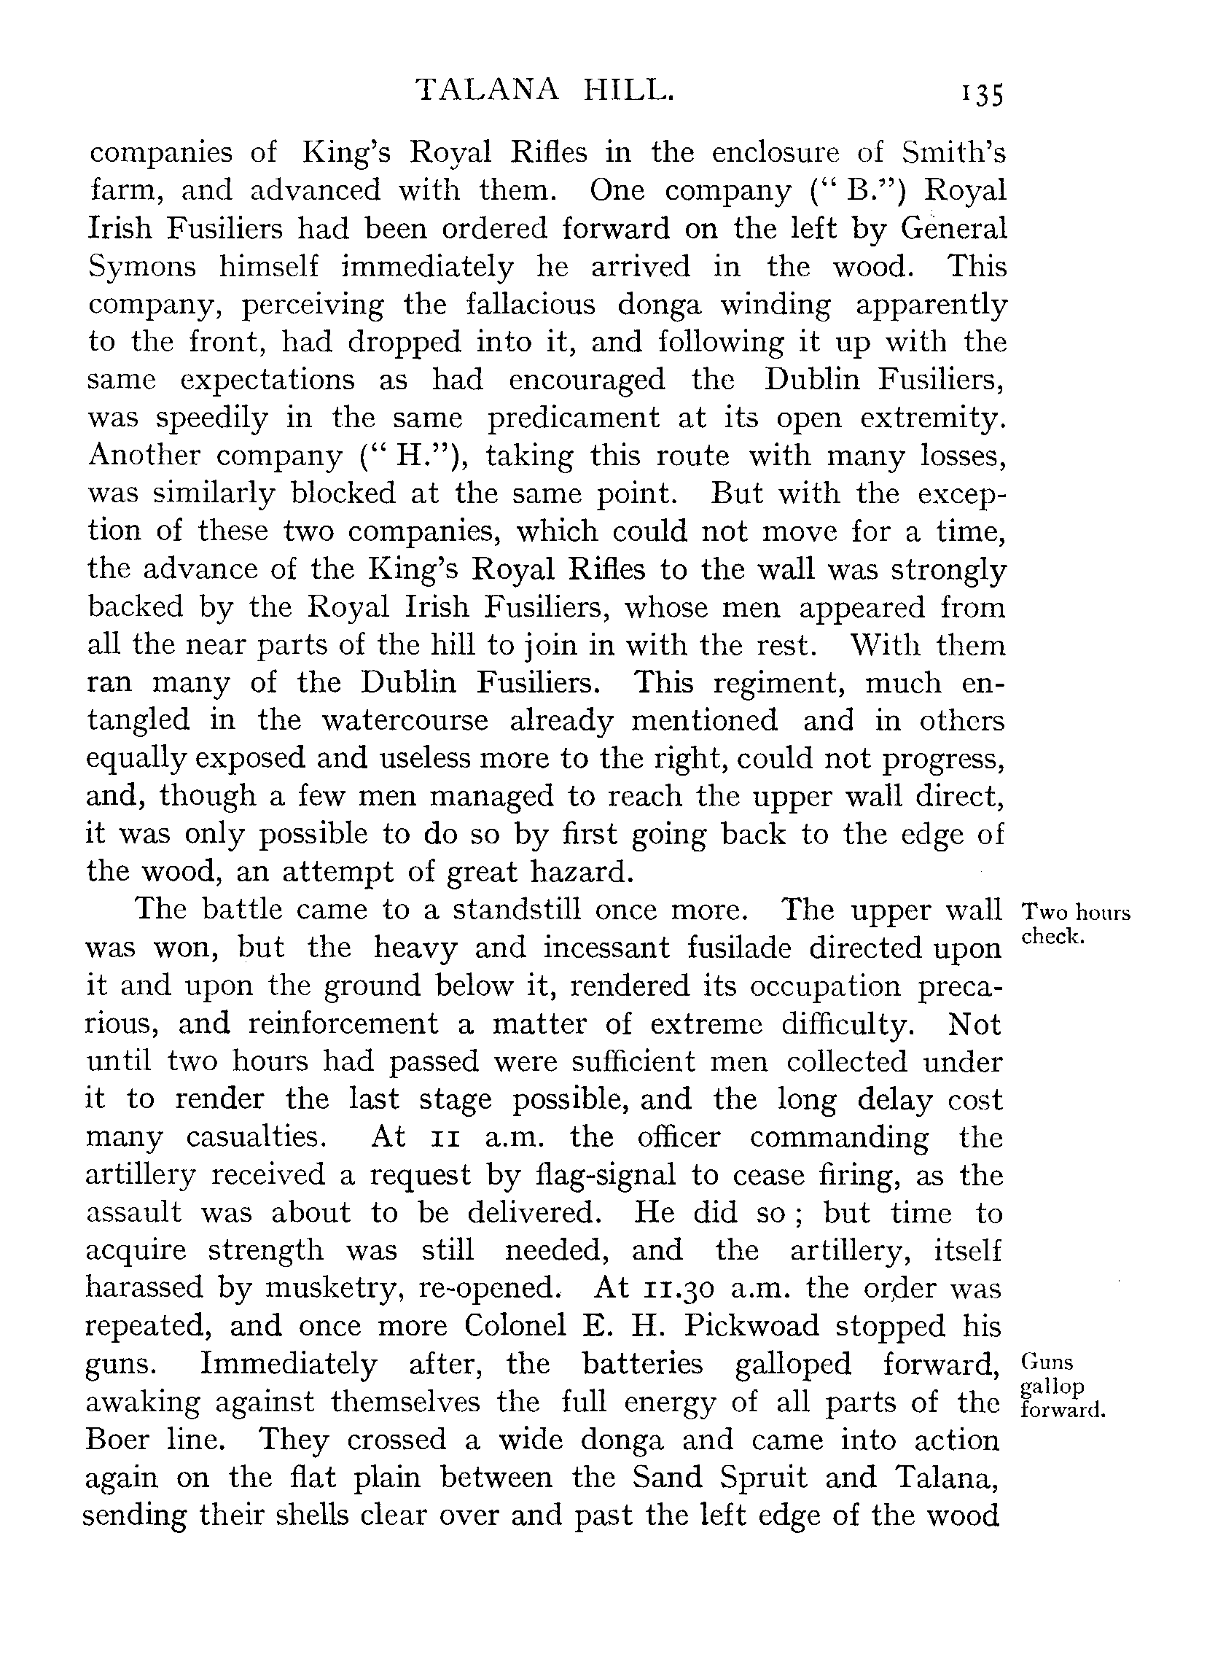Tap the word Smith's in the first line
point(953,152)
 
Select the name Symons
point(141,268)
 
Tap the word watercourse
point(405,721)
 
